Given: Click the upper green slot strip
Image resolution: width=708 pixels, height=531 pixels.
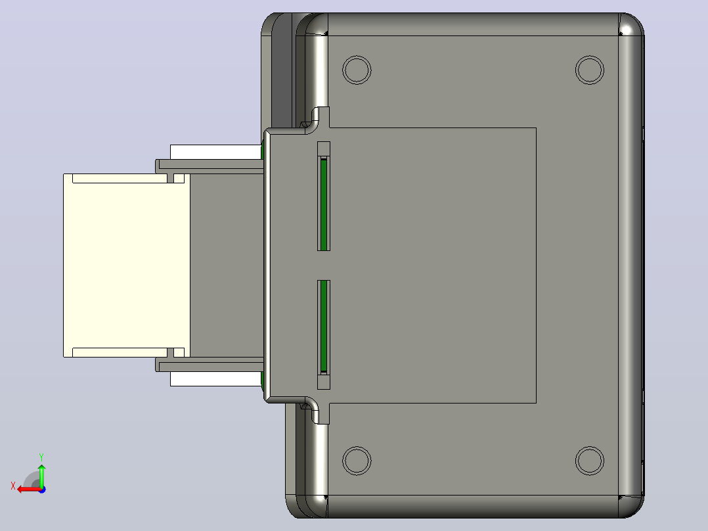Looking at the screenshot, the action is point(323,204).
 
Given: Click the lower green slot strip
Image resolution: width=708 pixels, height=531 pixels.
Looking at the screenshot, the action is point(323,326).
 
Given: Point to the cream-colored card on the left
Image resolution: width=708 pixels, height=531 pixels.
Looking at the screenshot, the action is point(126,265).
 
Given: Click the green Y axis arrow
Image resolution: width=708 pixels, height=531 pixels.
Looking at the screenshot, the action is point(41,476).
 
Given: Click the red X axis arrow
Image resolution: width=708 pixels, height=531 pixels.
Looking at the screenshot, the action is point(29,489).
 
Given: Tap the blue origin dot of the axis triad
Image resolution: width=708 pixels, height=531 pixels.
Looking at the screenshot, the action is point(42,490).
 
